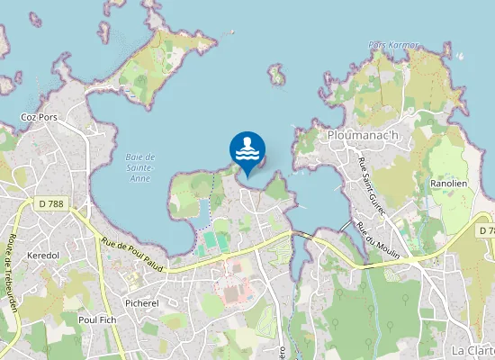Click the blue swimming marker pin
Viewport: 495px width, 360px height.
coord(247,150)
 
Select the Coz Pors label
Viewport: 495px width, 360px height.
coord(40,117)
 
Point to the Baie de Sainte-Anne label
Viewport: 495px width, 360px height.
coord(139,163)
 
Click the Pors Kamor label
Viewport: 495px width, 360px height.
coord(393,44)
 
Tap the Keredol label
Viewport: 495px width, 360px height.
coord(44,256)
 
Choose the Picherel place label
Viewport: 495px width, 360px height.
coord(142,303)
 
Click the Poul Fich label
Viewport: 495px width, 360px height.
coord(98,319)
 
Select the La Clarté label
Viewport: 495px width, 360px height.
coord(472,350)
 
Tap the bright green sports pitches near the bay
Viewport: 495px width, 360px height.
coord(215,241)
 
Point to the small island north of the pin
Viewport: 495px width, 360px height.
coord(276,76)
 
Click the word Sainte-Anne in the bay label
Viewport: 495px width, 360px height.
coord(139,167)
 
